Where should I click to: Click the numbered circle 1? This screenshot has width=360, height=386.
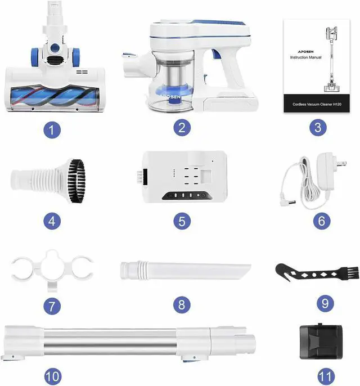pyautogui.click(x=52, y=130)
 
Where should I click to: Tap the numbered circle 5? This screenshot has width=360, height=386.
pyautogui.click(x=182, y=221)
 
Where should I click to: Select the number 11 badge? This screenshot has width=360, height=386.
pyautogui.click(x=326, y=376)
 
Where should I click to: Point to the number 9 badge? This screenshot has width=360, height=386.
pyautogui.click(x=325, y=303)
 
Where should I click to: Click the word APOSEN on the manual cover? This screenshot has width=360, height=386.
pyautogui.click(x=306, y=52)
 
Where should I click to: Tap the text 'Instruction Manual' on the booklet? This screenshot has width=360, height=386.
pyautogui.click(x=305, y=57)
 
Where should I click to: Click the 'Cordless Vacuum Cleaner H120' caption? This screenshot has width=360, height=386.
pyautogui.click(x=317, y=104)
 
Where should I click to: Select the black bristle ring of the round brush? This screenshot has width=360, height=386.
pyautogui.click(x=76, y=181)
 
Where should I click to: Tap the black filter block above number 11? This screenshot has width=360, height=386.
pyautogui.click(x=321, y=342)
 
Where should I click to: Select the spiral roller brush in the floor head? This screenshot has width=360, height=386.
pyautogui.click(x=53, y=96)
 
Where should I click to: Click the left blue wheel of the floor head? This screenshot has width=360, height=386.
pyautogui.click(x=35, y=57)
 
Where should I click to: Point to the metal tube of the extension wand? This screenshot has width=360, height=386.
pyautogui.click(x=110, y=342)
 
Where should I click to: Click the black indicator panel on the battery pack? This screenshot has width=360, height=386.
pyautogui.click(x=187, y=195)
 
